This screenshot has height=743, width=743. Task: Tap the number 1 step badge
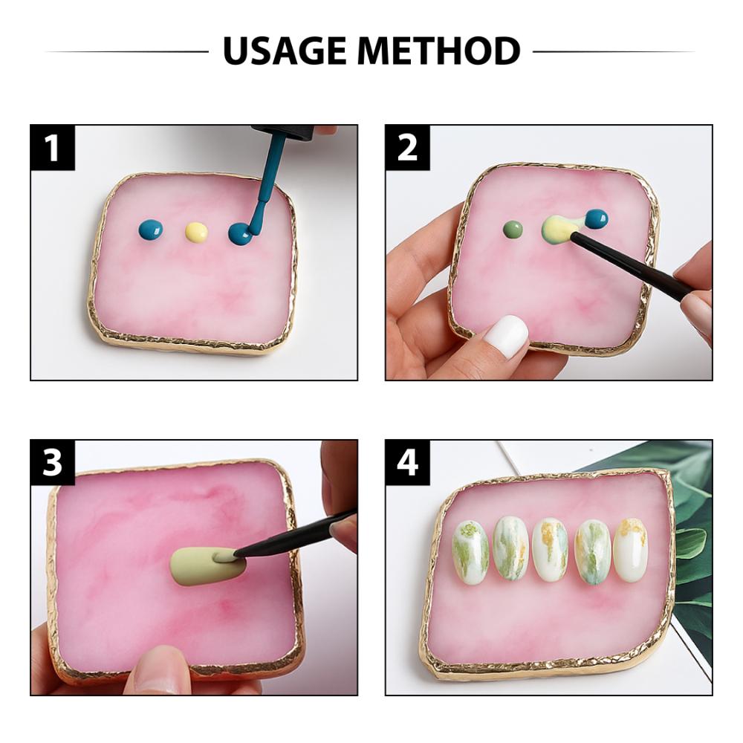[x=53, y=147]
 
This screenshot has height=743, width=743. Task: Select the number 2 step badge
[x=408, y=147]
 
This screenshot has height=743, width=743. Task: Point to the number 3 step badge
[x=53, y=462]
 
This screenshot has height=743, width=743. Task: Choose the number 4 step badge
[x=408, y=462]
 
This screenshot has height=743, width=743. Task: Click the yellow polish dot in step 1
[x=196, y=232]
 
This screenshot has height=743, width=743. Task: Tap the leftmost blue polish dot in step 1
[x=152, y=230]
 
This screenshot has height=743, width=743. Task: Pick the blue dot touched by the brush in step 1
[x=240, y=234]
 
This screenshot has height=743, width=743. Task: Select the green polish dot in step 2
[x=513, y=230]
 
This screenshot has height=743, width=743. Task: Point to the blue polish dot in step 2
[x=596, y=218]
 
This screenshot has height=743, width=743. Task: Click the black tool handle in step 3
[x=297, y=535]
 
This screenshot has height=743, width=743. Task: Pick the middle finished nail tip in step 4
[x=550, y=549]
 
